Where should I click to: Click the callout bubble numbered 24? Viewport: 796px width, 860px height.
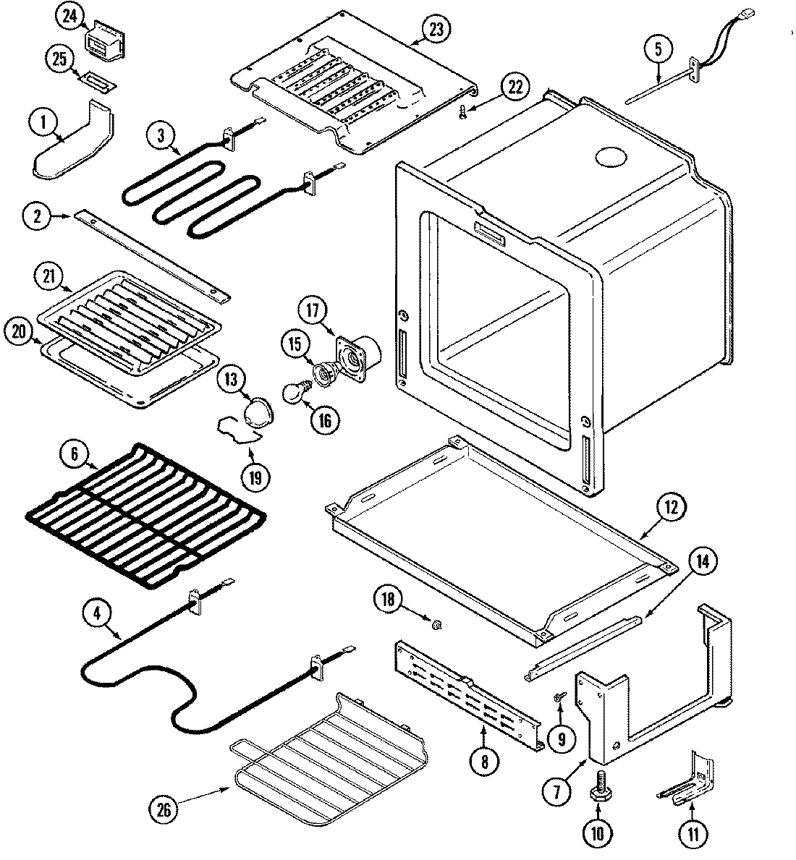click(69, 18)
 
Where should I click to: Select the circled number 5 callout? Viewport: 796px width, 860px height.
click(658, 50)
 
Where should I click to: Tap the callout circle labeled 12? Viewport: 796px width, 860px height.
click(670, 508)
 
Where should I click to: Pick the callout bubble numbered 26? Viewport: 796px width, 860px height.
click(165, 809)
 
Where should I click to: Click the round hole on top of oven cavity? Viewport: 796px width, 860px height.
click(609, 157)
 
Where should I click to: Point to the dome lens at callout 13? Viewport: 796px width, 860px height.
click(257, 413)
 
